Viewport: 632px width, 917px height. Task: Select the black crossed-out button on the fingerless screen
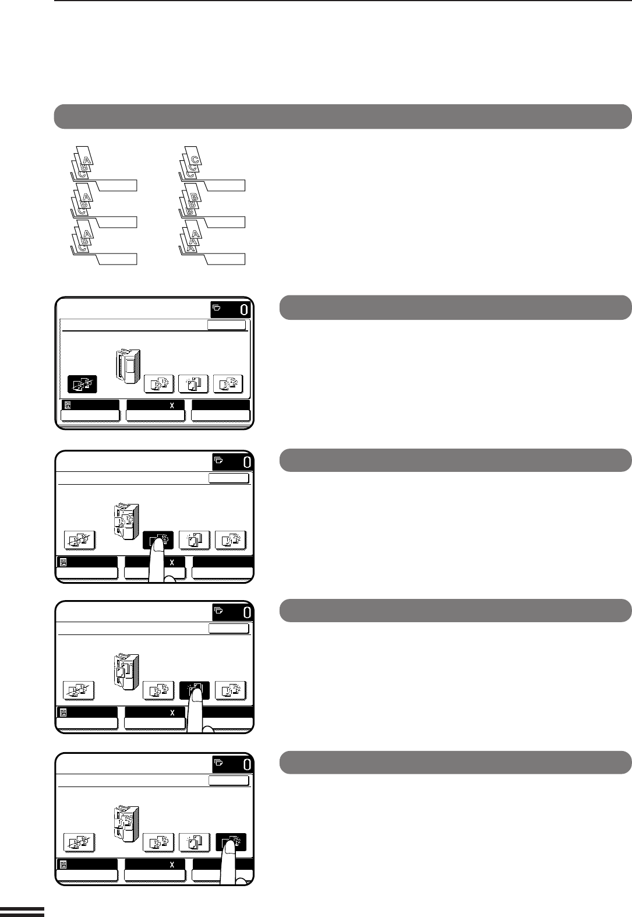82,384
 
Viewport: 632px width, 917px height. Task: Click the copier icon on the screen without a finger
128,366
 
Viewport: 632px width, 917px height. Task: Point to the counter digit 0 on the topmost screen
244,310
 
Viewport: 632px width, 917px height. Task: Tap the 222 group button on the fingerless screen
228,383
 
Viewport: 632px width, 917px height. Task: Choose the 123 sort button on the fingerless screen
159,383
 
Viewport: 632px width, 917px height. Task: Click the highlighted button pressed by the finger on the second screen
158,540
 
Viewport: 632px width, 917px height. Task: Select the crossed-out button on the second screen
79,540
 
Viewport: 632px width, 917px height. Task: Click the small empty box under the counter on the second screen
229,478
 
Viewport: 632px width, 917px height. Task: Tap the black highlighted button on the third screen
195,690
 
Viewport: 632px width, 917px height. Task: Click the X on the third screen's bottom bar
172,713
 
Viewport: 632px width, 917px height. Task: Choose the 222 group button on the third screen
231,690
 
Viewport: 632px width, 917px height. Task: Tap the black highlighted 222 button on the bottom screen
231,842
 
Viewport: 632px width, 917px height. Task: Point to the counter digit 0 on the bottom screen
247,765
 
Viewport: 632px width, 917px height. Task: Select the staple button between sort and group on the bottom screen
195,842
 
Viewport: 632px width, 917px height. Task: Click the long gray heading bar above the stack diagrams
343,117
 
